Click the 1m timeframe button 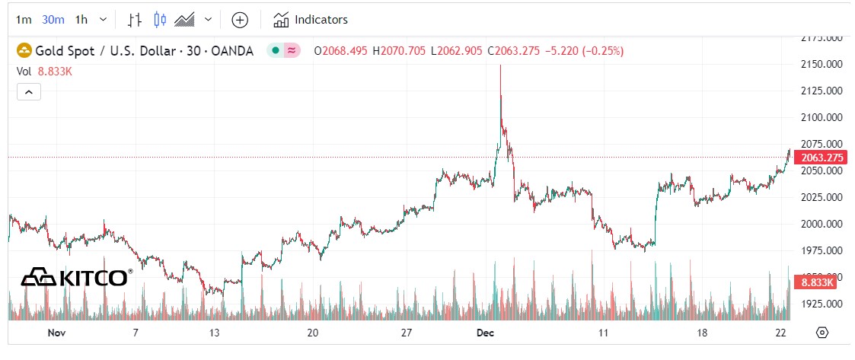[24, 20]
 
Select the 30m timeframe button [53, 20]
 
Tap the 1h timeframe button [81, 20]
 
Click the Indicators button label [321, 20]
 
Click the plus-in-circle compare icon [240, 20]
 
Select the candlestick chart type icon [159, 20]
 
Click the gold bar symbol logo [24, 51]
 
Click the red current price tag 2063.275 [818, 158]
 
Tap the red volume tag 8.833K [816, 282]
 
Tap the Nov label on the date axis [56, 333]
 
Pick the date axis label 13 [215, 333]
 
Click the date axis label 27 [406, 333]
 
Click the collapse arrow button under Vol [28, 92]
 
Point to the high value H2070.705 [399, 51]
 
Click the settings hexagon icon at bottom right [822, 333]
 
